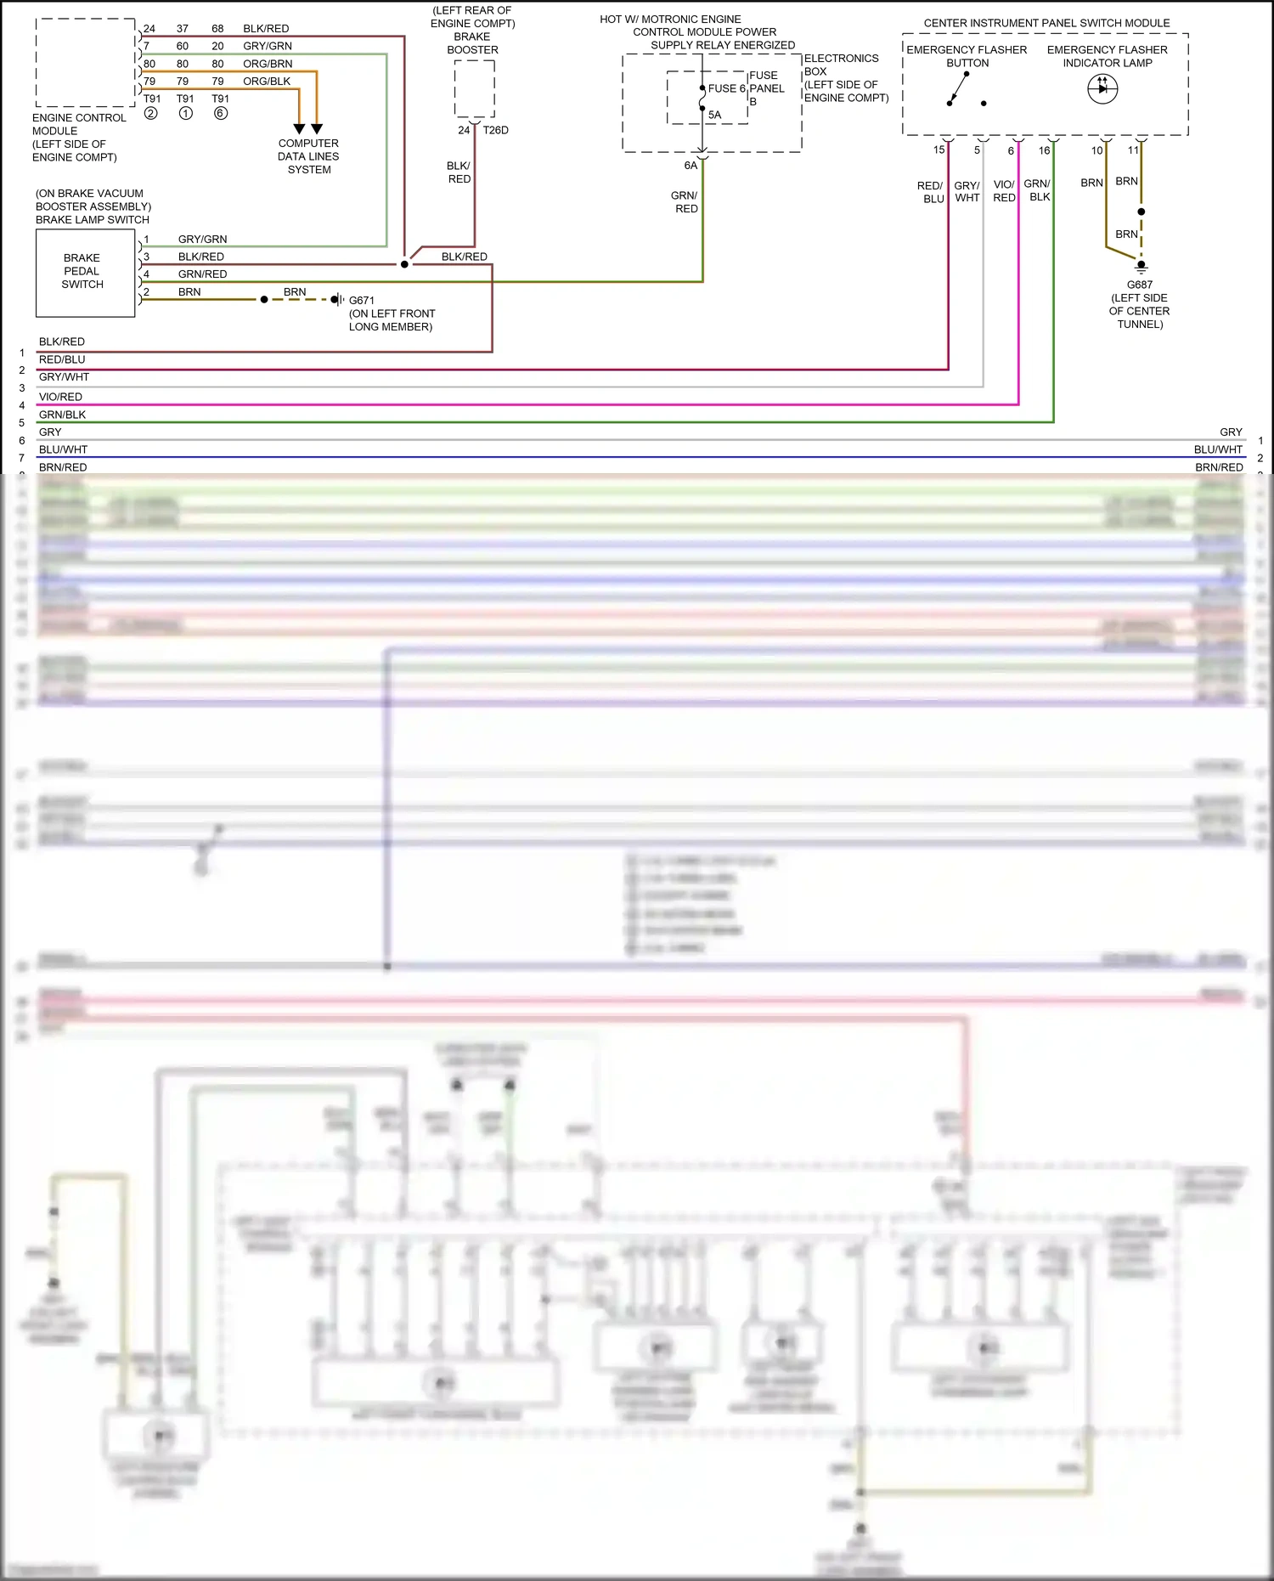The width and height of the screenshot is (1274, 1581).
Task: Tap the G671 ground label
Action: [361, 300]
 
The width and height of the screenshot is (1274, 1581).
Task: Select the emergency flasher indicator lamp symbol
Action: [1102, 88]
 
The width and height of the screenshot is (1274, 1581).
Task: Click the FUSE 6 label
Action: [726, 88]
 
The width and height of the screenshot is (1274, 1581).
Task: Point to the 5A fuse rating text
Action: [714, 115]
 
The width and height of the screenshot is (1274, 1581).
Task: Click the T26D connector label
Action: [495, 130]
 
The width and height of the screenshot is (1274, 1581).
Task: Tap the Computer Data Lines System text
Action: [308, 156]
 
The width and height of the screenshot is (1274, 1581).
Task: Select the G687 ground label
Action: [1139, 285]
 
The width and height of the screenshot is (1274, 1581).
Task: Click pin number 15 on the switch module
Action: [939, 150]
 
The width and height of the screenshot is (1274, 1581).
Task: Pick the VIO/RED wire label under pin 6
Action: [1004, 191]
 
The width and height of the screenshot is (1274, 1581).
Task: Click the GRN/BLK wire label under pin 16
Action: [1037, 190]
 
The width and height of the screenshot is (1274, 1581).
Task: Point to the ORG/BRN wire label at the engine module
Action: [268, 64]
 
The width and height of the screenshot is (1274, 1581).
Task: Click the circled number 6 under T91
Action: [220, 113]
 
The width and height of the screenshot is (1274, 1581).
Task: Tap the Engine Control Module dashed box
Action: [85, 62]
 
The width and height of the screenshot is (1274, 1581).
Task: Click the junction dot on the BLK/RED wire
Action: [404, 264]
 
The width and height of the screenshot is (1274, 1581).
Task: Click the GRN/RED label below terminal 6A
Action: [685, 202]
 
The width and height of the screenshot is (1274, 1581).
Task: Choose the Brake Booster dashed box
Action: [474, 88]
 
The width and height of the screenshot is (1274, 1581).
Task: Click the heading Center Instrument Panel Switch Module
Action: [1046, 23]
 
